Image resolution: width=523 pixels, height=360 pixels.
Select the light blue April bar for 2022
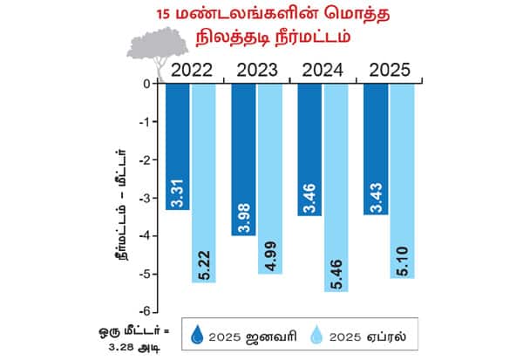click(204, 183)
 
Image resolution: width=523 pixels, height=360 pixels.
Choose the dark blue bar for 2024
click(310, 149)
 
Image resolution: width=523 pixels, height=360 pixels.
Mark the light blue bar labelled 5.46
click(336, 187)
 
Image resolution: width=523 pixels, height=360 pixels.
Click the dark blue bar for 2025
click(376, 149)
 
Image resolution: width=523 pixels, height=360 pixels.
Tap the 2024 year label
click(323, 70)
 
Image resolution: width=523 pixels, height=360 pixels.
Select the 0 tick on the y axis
click(148, 84)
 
